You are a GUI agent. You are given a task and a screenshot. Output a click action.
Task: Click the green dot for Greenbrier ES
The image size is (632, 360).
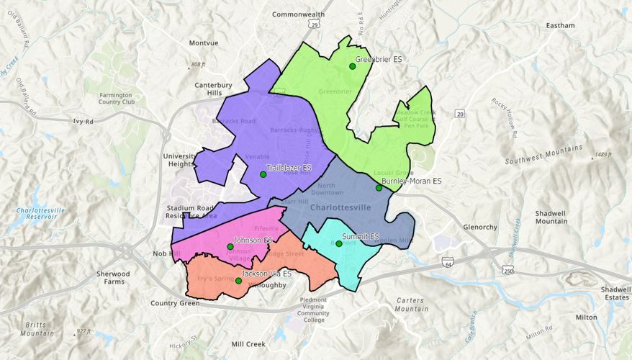[x=353, y=66]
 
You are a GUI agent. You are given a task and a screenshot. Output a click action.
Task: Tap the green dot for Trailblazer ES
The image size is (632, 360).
[x=263, y=174]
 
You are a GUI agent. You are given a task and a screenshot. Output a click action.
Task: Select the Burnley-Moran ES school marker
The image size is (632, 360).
[x=379, y=188]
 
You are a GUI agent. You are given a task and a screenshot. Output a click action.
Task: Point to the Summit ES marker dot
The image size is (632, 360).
[x=339, y=243]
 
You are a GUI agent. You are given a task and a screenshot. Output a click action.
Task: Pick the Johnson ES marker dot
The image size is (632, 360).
[x=230, y=247]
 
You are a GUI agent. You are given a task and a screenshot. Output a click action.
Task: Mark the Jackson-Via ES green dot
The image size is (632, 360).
[x=238, y=281]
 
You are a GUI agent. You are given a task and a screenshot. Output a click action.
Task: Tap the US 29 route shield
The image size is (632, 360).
[x=315, y=25]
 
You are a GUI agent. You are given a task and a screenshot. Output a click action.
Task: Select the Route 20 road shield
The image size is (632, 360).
[x=460, y=114]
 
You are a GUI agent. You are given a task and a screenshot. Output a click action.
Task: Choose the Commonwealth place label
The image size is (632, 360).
[x=298, y=14]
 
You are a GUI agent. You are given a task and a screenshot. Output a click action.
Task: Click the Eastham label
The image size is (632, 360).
[x=560, y=26]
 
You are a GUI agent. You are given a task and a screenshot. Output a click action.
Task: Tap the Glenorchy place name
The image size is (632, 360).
[x=480, y=228]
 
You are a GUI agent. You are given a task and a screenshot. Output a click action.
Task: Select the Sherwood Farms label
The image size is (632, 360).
[x=114, y=278]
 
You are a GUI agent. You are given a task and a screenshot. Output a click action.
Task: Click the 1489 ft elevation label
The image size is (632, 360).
[x=602, y=155]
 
